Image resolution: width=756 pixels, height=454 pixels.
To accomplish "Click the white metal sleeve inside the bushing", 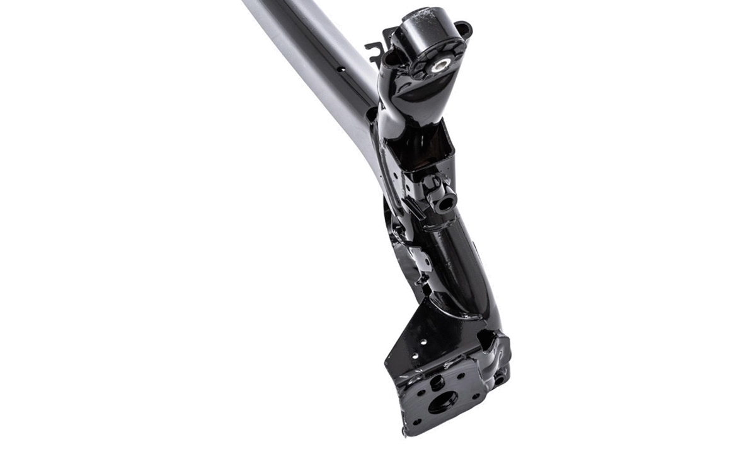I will click(x=438, y=64).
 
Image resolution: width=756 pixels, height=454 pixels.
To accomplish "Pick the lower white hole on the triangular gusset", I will click(x=413, y=357).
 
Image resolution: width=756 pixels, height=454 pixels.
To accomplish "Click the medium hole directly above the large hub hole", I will click(x=436, y=381).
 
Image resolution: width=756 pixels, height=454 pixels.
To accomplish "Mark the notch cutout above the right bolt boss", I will click(x=485, y=341).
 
